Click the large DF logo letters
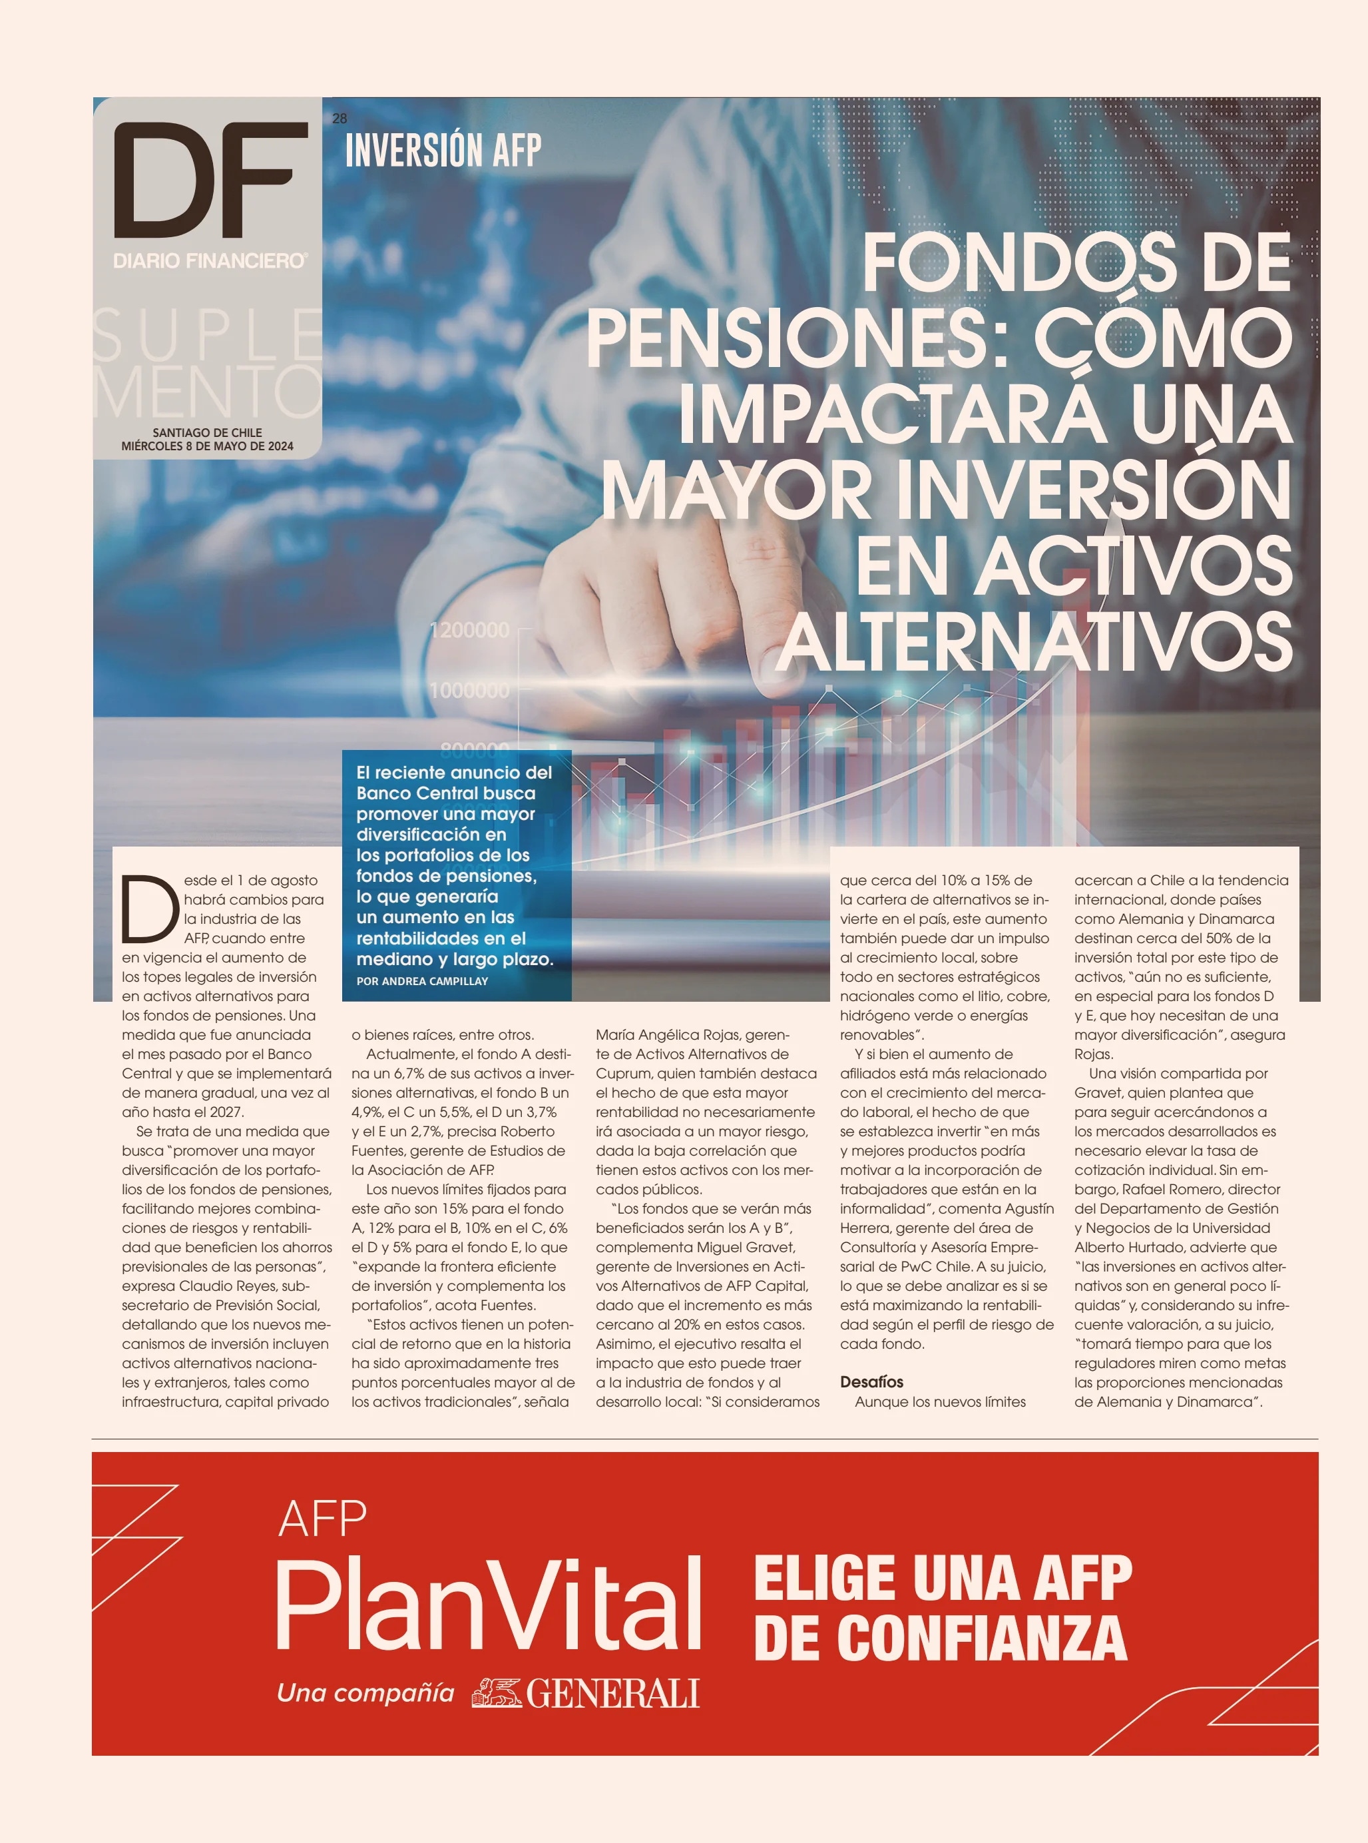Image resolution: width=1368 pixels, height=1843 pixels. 210,180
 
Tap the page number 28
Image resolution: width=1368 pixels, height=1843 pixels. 340,119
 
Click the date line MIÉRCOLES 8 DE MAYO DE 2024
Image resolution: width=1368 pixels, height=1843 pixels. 207,446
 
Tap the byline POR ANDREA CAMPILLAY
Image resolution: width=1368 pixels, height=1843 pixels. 421,980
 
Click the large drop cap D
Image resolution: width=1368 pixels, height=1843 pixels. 150,909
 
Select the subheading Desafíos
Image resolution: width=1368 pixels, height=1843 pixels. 871,1381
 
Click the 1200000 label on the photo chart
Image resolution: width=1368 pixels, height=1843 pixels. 469,630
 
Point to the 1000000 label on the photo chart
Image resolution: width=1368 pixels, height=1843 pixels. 469,690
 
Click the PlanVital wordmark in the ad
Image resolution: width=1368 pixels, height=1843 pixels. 489,1604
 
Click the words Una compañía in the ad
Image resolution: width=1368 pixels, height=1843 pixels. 365,1692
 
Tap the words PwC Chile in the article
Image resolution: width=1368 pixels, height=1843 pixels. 937,1266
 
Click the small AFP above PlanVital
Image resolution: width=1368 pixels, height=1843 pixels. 322,1519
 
